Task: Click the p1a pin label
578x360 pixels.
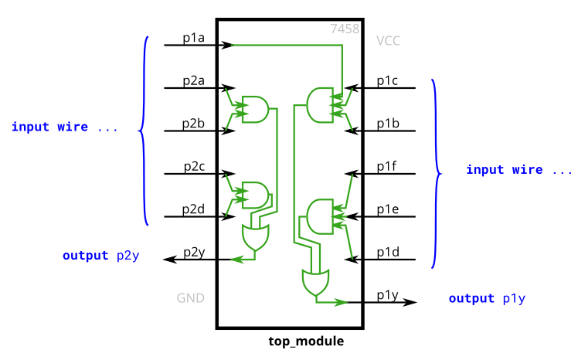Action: tap(193, 38)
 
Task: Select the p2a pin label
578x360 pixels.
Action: tap(193, 80)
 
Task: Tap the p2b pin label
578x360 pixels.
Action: tap(193, 124)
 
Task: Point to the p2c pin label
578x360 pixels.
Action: tap(194, 166)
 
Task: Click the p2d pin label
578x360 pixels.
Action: tap(193, 209)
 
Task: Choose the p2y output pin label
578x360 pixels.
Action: tap(194, 253)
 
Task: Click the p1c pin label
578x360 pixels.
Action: tap(388, 80)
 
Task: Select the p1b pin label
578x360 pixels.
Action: tap(388, 124)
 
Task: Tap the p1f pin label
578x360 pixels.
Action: tap(387, 166)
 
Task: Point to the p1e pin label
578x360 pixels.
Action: tap(388, 209)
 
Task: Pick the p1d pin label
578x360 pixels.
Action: tap(388, 253)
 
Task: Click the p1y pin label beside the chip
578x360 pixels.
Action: tap(388, 295)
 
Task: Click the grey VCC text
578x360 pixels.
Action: tap(388, 41)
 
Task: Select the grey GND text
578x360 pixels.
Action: tap(190, 298)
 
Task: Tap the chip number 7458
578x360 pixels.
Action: tap(345, 29)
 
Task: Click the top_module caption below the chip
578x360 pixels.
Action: tap(306, 341)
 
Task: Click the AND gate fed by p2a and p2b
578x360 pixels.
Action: tap(255, 110)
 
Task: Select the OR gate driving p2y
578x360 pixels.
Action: tap(255, 238)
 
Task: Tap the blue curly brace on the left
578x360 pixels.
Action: tap(144, 131)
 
